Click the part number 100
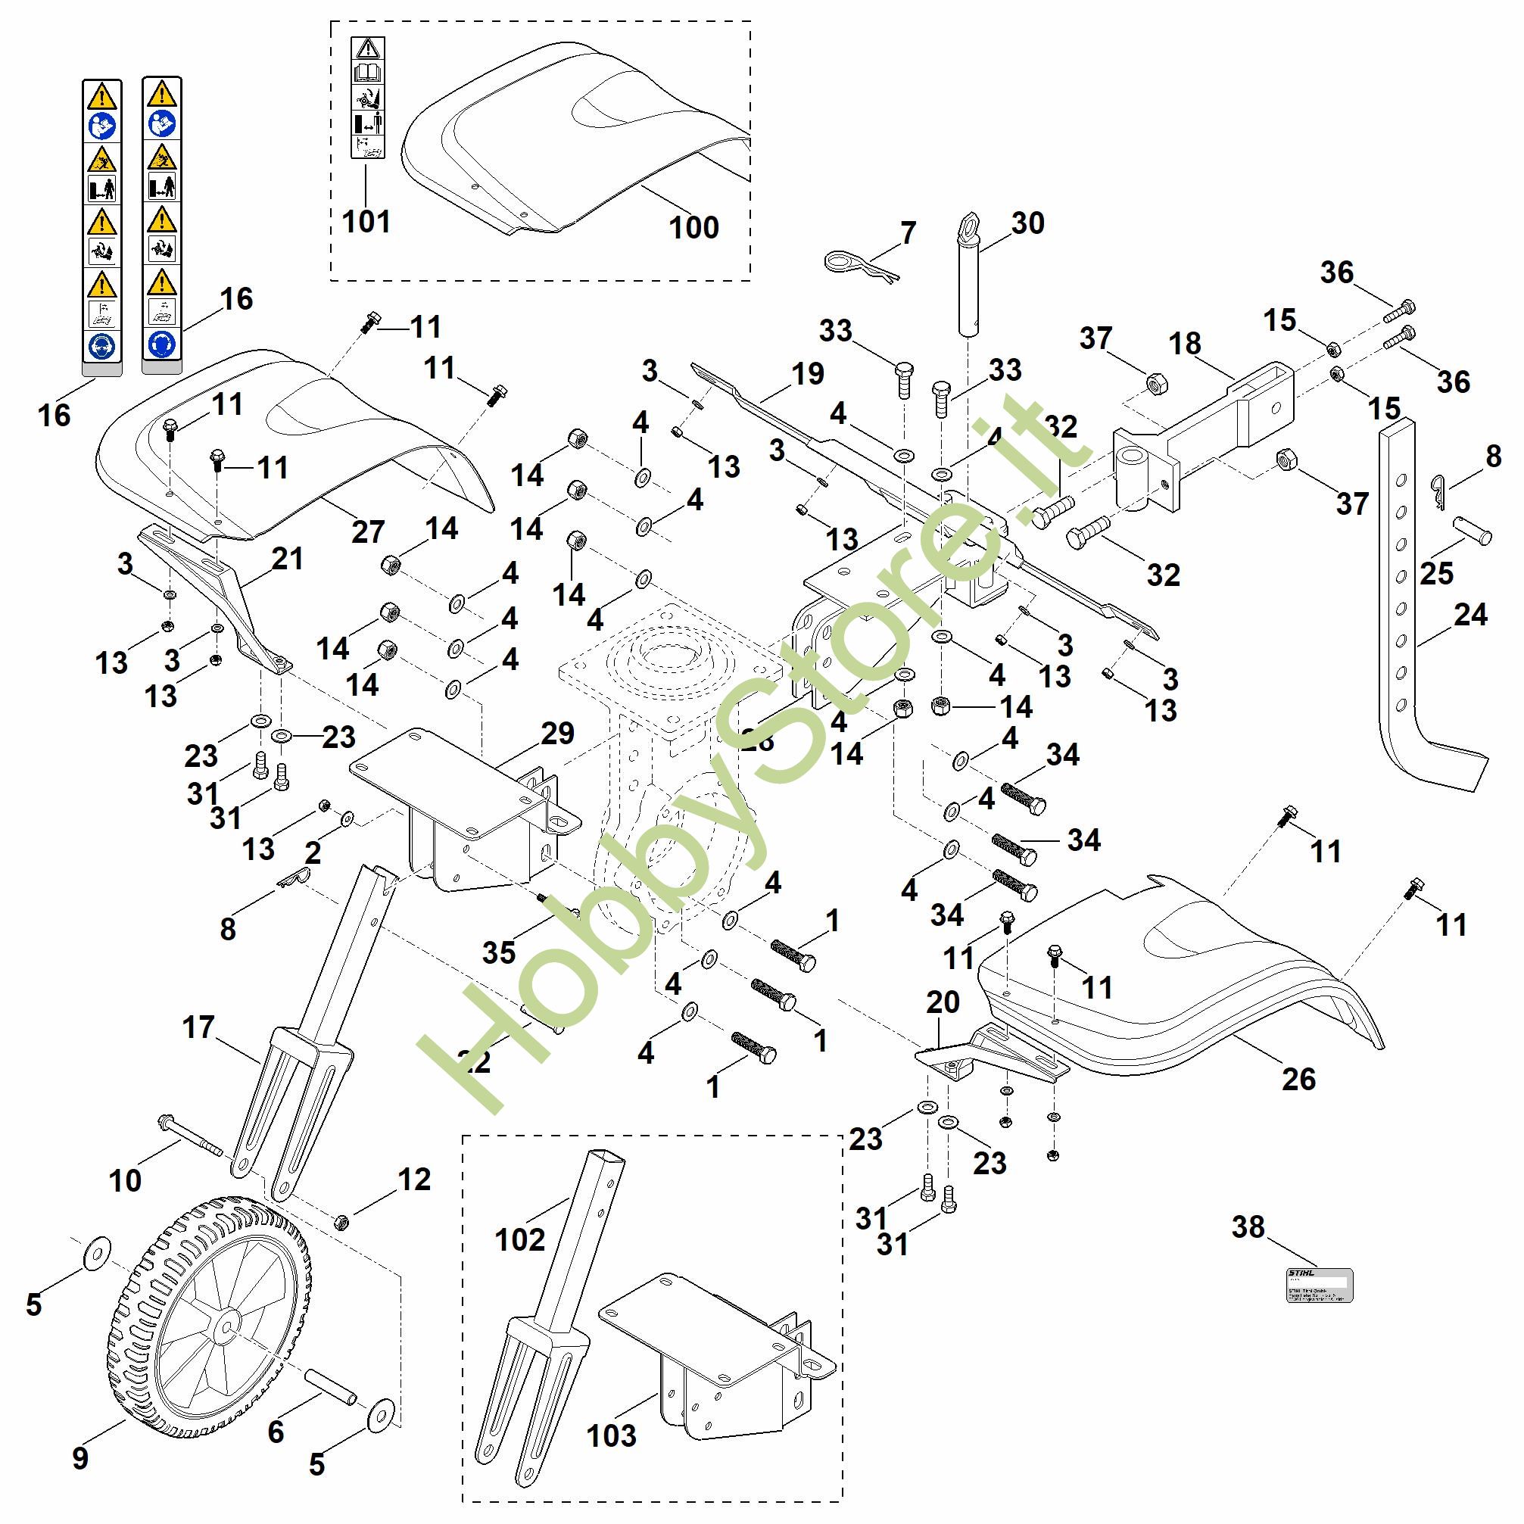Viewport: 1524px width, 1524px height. tap(693, 227)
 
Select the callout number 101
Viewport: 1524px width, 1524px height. tap(366, 222)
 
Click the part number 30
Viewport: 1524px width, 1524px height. tap(1028, 223)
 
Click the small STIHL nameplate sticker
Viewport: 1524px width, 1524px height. tap(1320, 1286)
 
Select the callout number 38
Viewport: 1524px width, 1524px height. tap(1248, 1226)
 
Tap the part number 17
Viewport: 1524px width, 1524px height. tap(198, 1027)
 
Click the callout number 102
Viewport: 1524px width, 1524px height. tap(520, 1239)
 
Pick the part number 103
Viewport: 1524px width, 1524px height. tap(611, 1435)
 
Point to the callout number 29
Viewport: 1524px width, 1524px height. tap(558, 734)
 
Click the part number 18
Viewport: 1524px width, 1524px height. tap(1185, 343)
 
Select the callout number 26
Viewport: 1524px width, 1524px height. tap(1298, 1078)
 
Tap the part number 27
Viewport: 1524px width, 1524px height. tap(368, 531)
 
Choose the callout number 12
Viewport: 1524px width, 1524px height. tap(414, 1180)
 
